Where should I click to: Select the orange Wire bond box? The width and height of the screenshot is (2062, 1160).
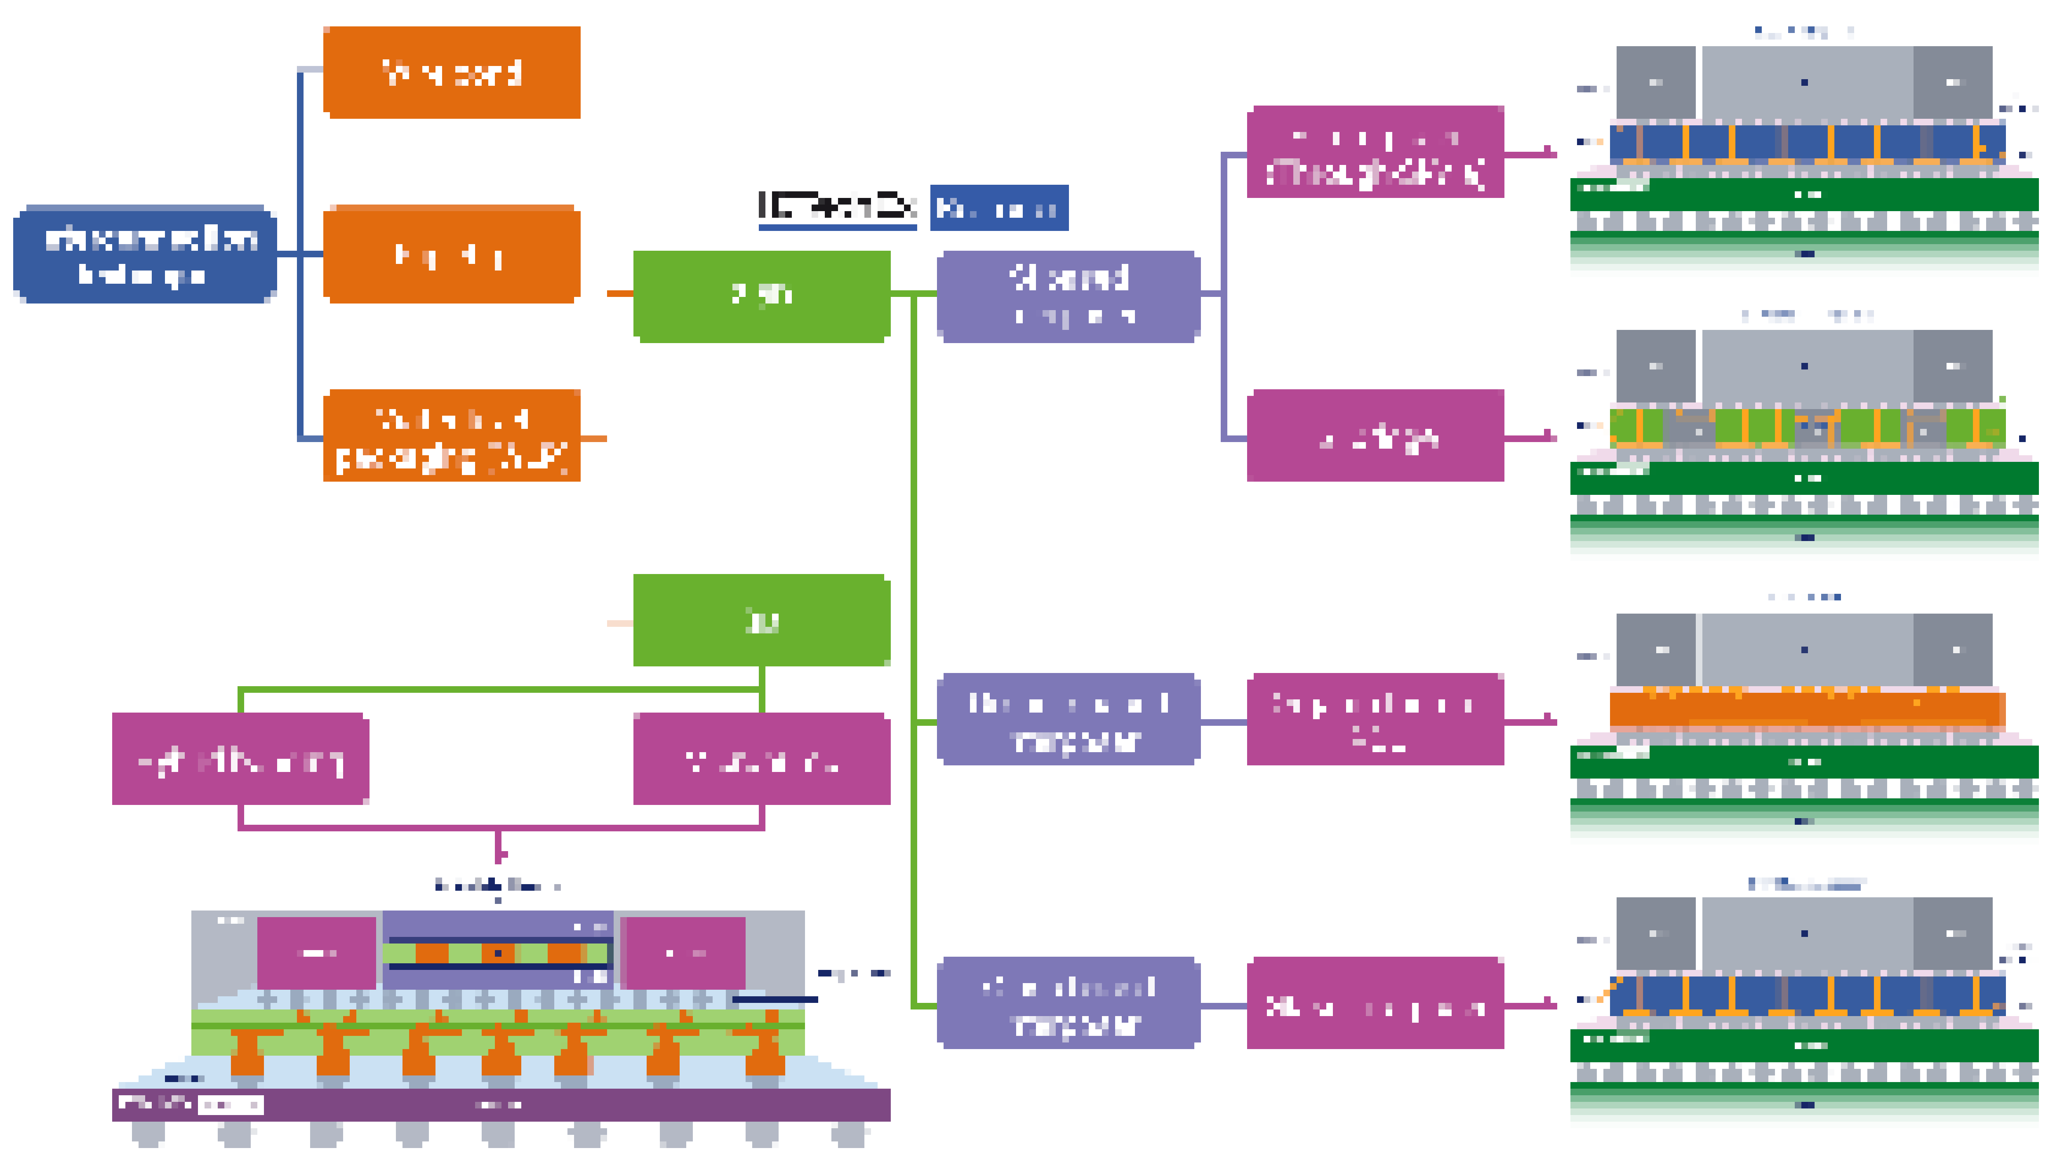click(x=452, y=73)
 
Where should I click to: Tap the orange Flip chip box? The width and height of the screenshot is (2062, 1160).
click(x=452, y=254)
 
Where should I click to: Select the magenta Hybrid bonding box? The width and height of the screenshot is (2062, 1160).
click(x=240, y=759)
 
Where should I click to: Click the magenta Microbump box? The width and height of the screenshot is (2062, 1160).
click(x=761, y=759)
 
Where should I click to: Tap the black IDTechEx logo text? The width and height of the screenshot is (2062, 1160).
click(x=837, y=207)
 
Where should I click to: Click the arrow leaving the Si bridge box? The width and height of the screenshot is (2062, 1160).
click(x=1530, y=437)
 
